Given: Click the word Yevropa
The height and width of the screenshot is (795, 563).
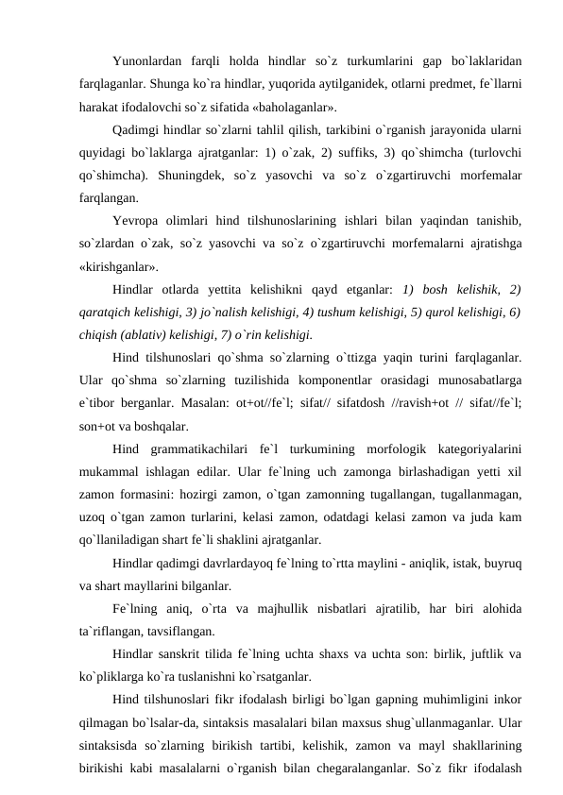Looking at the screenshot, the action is pyautogui.click(x=136, y=221).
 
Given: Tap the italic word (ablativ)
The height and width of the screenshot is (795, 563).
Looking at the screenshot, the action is pyautogui.click(x=145, y=334).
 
